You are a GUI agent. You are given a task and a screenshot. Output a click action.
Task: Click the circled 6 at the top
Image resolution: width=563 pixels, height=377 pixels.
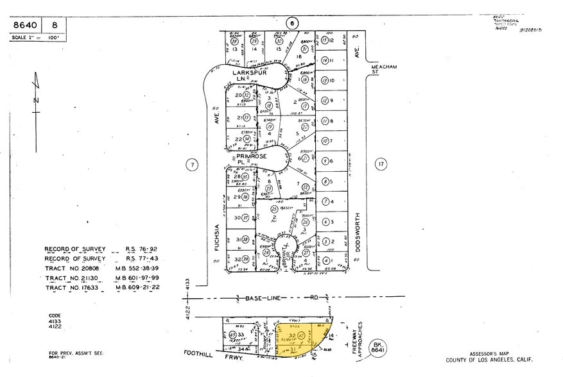tap(291, 24)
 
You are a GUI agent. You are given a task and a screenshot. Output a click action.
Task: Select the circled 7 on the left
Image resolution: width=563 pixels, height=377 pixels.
tap(191, 165)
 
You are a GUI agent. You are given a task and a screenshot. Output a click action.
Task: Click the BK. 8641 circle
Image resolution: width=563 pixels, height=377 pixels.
tap(377, 349)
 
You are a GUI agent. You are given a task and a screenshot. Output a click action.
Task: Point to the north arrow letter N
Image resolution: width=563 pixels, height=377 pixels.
tap(37, 100)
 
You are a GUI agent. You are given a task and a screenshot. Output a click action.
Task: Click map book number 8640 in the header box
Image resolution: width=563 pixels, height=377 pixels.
tap(26, 26)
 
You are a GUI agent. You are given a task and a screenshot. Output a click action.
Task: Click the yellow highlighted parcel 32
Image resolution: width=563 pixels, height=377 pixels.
tap(293, 335)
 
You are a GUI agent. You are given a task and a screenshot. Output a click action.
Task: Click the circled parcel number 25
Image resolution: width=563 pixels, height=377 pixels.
tap(274, 209)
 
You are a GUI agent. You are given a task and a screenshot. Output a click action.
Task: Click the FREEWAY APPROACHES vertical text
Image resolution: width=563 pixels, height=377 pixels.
tap(360, 337)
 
